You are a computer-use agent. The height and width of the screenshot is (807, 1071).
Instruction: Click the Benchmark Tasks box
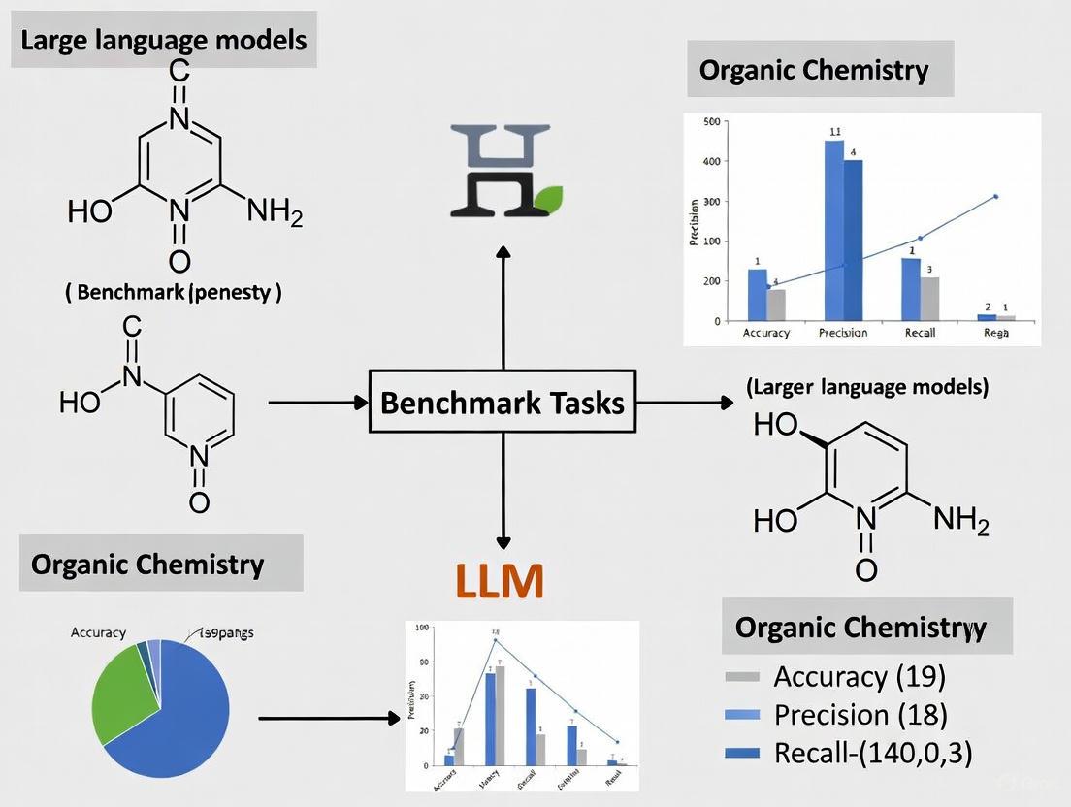(x=503, y=402)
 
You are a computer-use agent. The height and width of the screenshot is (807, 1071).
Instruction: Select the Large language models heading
(x=163, y=41)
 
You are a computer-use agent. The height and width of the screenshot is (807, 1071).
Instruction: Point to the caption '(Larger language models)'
(x=867, y=387)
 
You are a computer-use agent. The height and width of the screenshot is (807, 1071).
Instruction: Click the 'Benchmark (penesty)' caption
(x=174, y=292)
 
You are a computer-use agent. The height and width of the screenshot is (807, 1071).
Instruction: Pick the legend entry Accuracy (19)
(x=860, y=676)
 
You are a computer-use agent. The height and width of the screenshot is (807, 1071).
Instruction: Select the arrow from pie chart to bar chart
(x=330, y=719)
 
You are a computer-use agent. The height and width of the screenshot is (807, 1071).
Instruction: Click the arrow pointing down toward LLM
(x=503, y=495)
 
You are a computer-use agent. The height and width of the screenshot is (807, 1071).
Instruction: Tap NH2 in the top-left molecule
(x=275, y=209)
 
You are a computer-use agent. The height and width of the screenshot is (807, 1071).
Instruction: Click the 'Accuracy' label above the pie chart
(x=98, y=632)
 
